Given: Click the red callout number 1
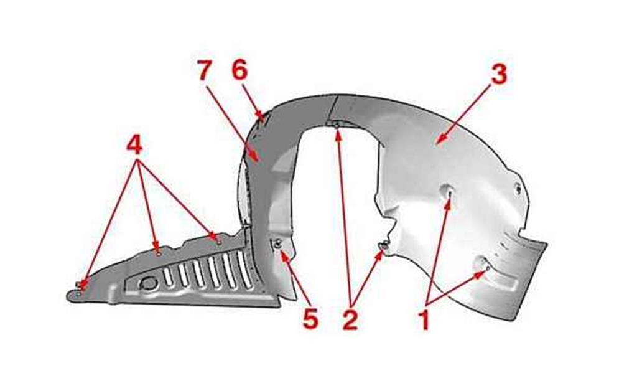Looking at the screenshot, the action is point(424,319).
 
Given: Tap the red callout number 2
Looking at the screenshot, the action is point(350,319).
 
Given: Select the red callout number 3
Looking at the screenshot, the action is point(499,75).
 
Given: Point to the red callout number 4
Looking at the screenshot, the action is point(134,145).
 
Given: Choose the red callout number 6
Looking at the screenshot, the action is point(239,70).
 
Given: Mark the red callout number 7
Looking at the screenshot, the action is point(205,70).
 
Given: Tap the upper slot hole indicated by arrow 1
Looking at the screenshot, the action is point(449,191).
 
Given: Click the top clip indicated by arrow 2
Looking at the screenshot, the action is point(337,125).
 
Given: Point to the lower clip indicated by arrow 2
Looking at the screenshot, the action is point(383,245).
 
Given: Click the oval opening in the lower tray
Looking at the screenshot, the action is point(148,283).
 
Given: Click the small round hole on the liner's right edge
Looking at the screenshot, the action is point(518,188).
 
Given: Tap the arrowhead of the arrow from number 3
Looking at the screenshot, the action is point(437,142).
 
